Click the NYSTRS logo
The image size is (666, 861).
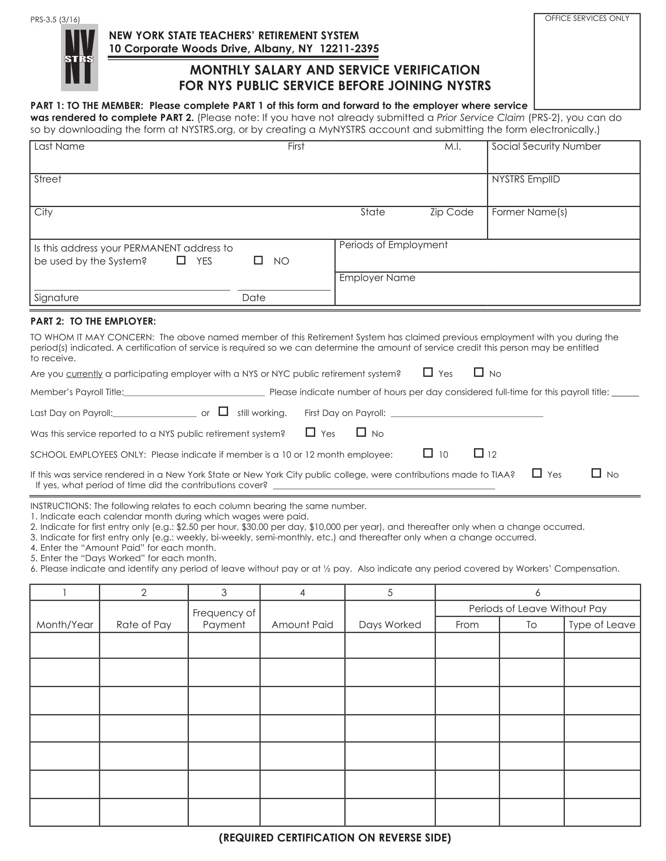pos(79,58)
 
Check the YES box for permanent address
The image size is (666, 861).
pos(181,260)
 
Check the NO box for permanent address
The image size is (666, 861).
pos(258,260)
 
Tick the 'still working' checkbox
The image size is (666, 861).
pos(223,411)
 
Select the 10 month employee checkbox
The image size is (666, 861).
pos(428,452)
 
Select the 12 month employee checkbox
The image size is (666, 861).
pos(478,452)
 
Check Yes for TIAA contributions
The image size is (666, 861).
pos(537,473)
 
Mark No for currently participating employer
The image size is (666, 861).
pos(478,372)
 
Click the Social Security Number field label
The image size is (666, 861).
pos(546,146)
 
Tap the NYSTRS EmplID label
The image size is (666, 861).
pos(525,179)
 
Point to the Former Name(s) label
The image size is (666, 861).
pos(529,212)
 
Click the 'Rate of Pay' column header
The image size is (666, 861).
pos(144,625)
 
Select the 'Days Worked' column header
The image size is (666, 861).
pos(389,625)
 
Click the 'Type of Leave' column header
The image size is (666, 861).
pos(601,625)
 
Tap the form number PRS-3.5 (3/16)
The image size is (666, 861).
pos(55,20)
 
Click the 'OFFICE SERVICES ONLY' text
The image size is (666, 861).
pos(587,18)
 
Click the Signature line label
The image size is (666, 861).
pos(56,298)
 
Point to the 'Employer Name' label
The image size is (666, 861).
pos(377,277)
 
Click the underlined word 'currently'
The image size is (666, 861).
pos(84,374)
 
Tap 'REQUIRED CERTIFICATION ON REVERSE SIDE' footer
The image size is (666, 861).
pos(335,838)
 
